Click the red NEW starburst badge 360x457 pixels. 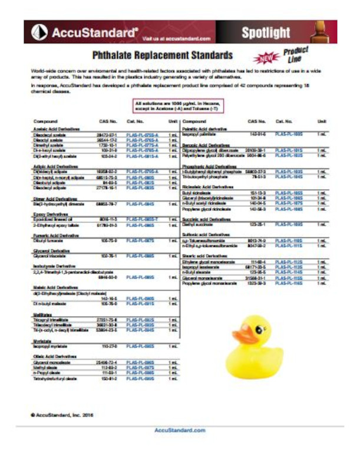point(264,58)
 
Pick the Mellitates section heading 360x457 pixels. point(44,315)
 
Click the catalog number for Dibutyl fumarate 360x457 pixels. point(140,241)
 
